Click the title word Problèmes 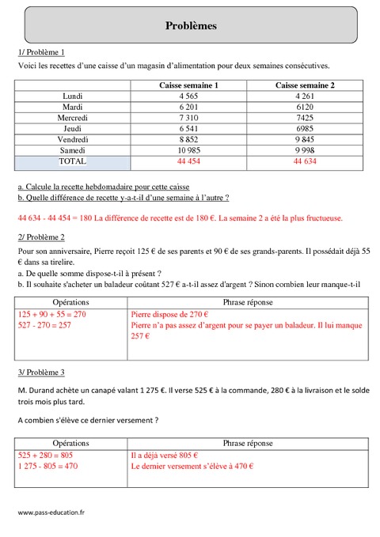[x=190, y=25]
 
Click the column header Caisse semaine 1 [x=189, y=85]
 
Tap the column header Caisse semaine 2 [x=305, y=85]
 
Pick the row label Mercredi [x=72, y=117]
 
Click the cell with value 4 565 [x=188, y=96]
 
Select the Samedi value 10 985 [x=188, y=149]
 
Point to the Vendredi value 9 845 [x=305, y=139]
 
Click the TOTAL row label [x=72, y=161]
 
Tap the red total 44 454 [x=188, y=161]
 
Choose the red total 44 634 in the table [x=305, y=161]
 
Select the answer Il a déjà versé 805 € [x=164, y=456]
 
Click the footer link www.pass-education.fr [x=51, y=512]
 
